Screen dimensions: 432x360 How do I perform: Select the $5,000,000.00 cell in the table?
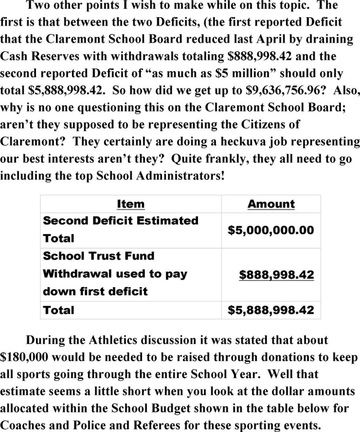click(x=270, y=230)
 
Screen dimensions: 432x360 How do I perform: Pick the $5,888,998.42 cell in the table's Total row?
click(x=270, y=310)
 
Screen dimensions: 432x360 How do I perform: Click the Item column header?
click(x=130, y=204)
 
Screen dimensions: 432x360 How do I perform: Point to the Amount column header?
click(x=271, y=204)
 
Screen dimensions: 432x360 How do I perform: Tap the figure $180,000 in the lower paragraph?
click(x=25, y=357)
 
